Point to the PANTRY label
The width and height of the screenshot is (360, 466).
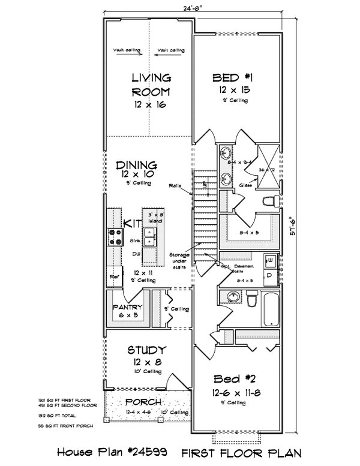[127, 308]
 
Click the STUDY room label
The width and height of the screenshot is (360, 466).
[147, 350]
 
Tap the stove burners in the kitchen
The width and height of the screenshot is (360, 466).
[114, 237]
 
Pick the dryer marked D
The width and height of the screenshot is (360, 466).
[271, 273]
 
